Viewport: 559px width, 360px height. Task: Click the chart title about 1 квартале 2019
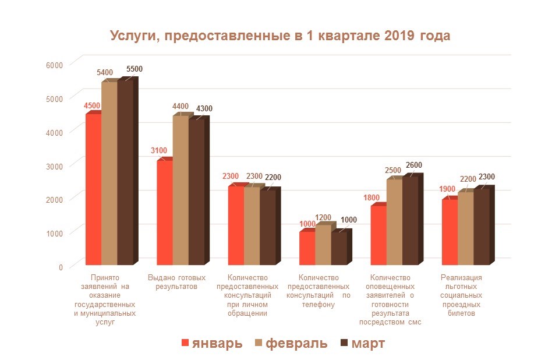pos(279,36)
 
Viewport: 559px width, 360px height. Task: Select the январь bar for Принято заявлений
pos(93,189)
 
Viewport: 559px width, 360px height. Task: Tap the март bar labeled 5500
pos(125,172)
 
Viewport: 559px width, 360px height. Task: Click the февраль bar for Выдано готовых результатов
pos(181,189)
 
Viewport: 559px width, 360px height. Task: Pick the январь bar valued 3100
pos(164,213)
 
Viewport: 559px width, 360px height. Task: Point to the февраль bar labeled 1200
pos(323,245)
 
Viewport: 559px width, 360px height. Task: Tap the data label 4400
pos(181,106)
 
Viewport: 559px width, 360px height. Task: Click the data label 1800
pos(372,197)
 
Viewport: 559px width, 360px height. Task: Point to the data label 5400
pos(105,72)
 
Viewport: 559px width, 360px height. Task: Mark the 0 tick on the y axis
pos(60,267)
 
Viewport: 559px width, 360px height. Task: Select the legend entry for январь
pos(212,343)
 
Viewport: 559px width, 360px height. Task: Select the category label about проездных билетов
pos(461,295)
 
